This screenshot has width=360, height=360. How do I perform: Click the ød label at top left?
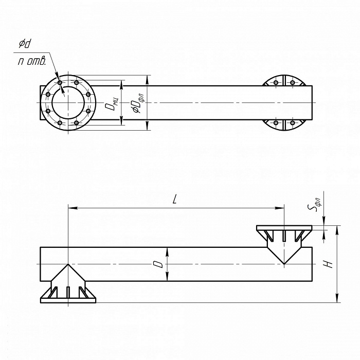pyautogui.click(x=25, y=44)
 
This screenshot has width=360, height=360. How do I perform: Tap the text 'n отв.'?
pyautogui.click(x=32, y=61)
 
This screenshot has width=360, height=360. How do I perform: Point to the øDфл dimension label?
pyautogui.click(x=138, y=103)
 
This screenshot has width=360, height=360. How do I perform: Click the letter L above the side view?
pyautogui.click(x=175, y=200)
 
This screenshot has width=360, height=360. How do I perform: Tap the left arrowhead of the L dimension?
pyautogui.click(x=73, y=208)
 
